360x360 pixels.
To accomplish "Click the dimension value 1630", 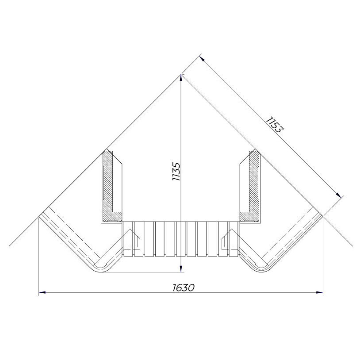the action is tap(184, 287).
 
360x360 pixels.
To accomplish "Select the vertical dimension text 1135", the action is tap(176, 172).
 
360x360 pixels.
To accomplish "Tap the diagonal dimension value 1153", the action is tap(275, 125).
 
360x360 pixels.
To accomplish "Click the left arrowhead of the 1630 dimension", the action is tap(42, 292).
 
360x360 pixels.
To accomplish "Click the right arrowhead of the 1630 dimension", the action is tap(320, 292).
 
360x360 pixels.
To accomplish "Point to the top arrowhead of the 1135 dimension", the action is tap(181, 78).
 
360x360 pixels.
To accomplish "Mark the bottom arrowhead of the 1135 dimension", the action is tap(181, 268).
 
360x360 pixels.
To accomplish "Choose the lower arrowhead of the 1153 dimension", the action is tap(338, 195).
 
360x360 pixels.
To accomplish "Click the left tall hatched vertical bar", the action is tap(107, 181).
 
